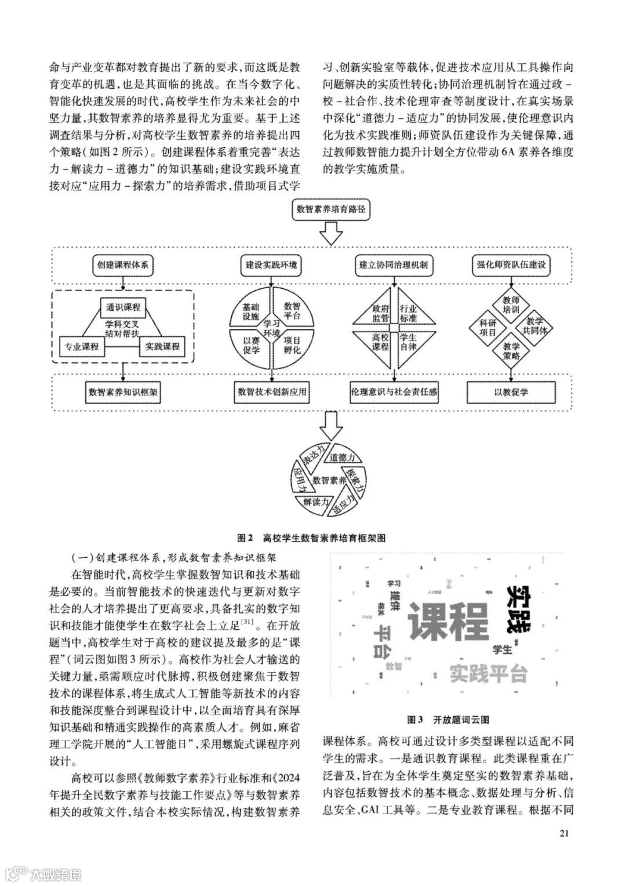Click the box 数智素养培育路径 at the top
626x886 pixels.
[331, 209]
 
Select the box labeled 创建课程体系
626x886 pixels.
[123, 265]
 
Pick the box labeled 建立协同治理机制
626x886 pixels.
[394, 265]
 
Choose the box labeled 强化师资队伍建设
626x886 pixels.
[510, 265]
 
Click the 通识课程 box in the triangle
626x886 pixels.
[123, 306]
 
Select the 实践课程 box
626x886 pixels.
[162, 347]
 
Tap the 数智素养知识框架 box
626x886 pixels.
[123, 393]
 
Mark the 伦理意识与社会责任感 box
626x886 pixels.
[394, 393]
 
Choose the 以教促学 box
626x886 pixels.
[511, 393]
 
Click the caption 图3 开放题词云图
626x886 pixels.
[448, 720]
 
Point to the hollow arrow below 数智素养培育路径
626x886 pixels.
[331, 235]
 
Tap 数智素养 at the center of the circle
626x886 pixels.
[329, 480]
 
